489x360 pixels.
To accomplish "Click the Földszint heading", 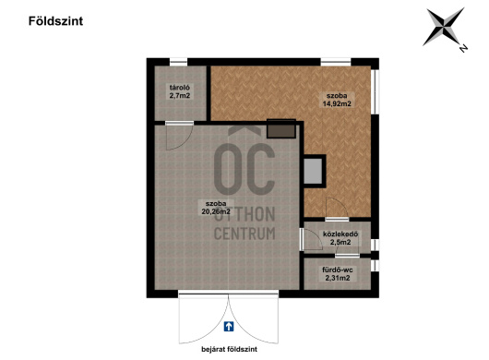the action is [x=56, y=21].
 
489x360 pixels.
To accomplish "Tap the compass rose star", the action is [x=443, y=27].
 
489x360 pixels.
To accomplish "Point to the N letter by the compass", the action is [x=463, y=48].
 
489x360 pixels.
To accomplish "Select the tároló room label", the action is [x=179, y=88].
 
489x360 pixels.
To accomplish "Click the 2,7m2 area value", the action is [x=180, y=95].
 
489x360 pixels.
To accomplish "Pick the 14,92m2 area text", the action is [x=337, y=104].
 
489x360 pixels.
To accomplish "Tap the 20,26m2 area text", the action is [x=216, y=211].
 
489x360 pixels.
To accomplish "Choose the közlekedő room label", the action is [x=340, y=234].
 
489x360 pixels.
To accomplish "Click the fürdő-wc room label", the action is [x=338, y=270].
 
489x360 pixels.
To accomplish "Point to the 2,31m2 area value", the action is [x=338, y=278].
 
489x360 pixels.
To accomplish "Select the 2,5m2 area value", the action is [x=340, y=242].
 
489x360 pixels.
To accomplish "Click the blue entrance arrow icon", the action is [x=229, y=327].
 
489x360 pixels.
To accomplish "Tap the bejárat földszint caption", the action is [x=229, y=350].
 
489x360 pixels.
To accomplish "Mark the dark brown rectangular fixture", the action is [x=281, y=128].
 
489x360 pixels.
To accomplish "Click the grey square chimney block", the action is [x=313, y=172].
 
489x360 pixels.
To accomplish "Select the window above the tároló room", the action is [x=178, y=62].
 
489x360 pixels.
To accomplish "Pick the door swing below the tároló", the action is [x=179, y=136].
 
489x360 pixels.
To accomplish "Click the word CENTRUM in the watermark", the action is [x=244, y=234].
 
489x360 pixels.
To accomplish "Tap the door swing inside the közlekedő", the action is [x=312, y=239].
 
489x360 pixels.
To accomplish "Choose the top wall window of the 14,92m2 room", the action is [x=336, y=62].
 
